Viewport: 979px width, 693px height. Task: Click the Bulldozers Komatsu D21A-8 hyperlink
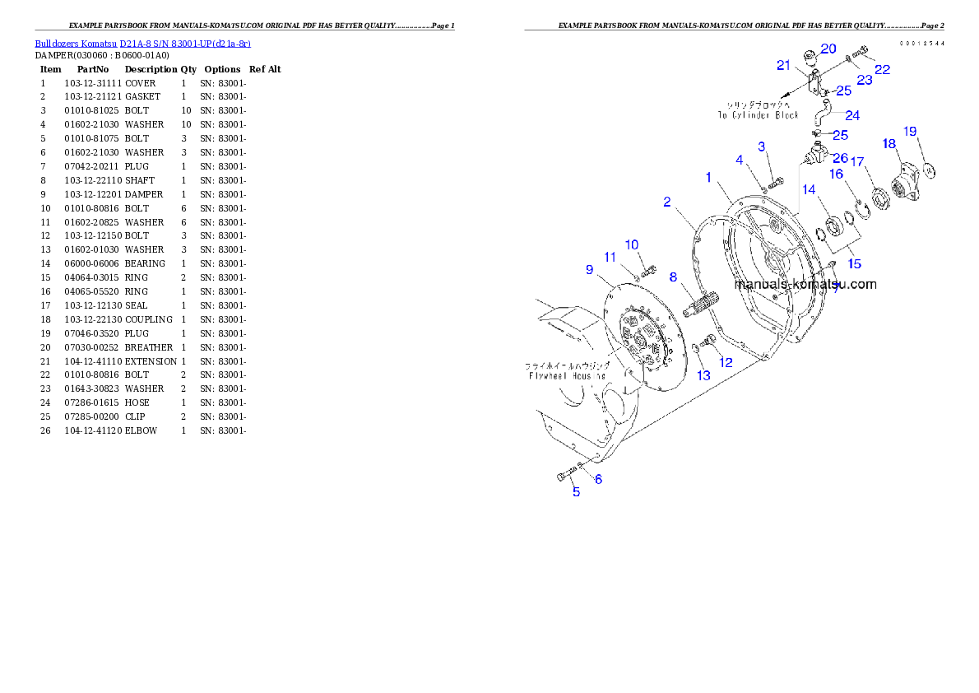[142, 43]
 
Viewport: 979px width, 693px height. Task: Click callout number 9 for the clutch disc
[589, 269]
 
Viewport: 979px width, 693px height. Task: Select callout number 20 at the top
[828, 49]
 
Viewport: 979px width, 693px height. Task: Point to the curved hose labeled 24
[825, 111]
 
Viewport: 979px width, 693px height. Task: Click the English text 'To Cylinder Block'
[757, 115]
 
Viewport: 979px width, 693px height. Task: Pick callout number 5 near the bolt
[576, 492]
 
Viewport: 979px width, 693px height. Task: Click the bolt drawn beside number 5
[565, 475]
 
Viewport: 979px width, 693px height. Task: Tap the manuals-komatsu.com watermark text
[805, 285]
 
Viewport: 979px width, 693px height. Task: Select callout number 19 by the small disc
[910, 131]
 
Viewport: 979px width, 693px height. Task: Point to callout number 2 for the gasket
[667, 202]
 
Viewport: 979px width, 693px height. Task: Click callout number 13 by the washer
[703, 375]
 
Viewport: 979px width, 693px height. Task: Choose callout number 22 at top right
[882, 70]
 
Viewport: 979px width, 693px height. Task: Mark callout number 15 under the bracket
[855, 263]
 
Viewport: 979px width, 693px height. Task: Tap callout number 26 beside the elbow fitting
[840, 157]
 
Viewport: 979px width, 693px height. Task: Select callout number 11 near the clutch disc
[610, 258]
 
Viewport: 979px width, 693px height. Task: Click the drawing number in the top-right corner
[921, 43]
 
